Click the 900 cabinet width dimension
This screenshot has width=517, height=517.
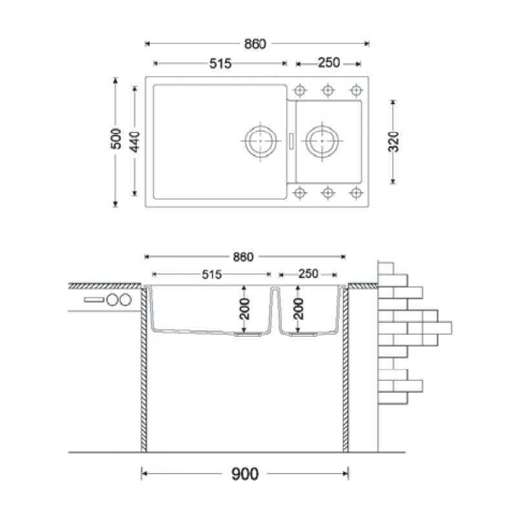[245, 474]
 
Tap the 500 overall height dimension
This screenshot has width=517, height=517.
[116, 138]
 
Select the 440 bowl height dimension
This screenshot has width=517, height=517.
[134, 142]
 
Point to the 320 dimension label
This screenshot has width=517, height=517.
[394, 142]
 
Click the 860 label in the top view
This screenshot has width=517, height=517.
[255, 44]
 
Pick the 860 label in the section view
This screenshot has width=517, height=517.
[243, 257]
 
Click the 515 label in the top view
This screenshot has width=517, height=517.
[220, 63]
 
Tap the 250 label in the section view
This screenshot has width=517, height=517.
[308, 273]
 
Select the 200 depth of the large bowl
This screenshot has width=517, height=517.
[244, 309]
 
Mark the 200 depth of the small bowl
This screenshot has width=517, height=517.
[299, 309]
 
